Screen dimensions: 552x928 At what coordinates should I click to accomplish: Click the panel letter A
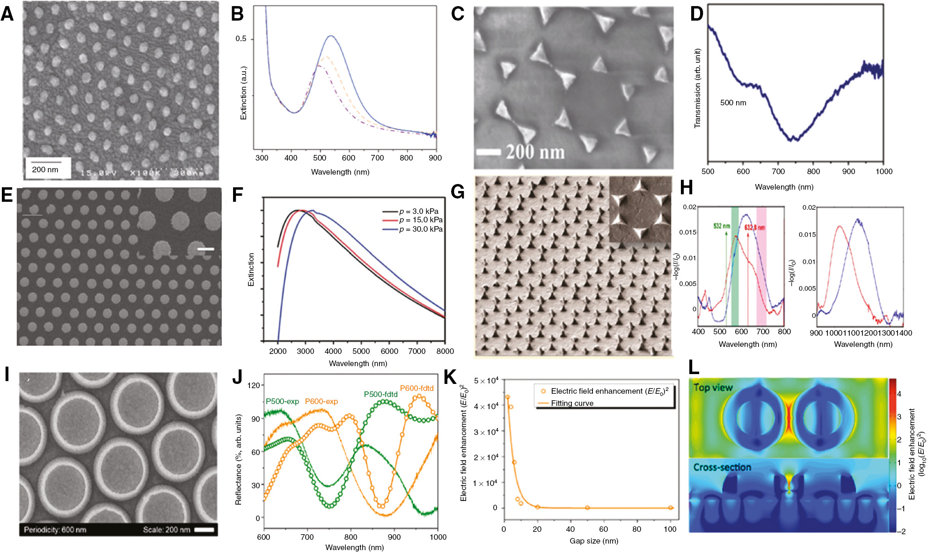pyautogui.click(x=7, y=14)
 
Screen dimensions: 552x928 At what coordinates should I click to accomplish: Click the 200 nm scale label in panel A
pyautogui.click(x=45, y=169)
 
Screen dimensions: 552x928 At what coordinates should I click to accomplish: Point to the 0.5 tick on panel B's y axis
pyautogui.click(x=241, y=39)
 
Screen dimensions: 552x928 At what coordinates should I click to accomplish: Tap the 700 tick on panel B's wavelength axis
pyautogui.click(x=377, y=158)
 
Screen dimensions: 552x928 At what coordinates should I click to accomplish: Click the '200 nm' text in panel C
pyautogui.click(x=535, y=152)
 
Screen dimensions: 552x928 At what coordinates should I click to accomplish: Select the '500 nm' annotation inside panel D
pyautogui.click(x=733, y=103)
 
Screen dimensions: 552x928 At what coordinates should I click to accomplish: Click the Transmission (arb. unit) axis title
pyautogui.click(x=697, y=88)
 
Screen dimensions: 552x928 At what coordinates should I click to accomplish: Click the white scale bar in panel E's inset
pyautogui.click(x=205, y=249)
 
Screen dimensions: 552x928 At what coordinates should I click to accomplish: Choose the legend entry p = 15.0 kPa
pyautogui.click(x=420, y=220)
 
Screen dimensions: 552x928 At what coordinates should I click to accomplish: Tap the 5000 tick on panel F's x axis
pyautogui.click(x=361, y=351)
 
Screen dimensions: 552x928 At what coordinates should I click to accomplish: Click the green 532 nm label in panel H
pyautogui.click(x=721, y=226)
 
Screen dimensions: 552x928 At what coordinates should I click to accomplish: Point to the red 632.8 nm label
pyautogui.click(x=755, y=228)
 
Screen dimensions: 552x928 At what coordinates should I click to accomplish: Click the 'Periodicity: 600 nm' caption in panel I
pyautogui.click(x=55, y=530)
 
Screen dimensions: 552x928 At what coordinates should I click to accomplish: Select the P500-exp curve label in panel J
pyautogui.click(x=282, y=401)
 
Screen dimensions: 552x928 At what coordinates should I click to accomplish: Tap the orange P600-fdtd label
pyautogui.click(x=417, y=388)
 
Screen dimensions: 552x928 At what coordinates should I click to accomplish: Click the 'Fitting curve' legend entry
pyautogui.click(x=571, y=403)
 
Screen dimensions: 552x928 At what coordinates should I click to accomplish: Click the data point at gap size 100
pyautogui.click(x=670, y=508)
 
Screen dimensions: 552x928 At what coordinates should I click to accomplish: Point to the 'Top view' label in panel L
pyautogui.click(x=713, y=387)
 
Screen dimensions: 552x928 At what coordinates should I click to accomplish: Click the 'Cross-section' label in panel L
pyautogui.click(x=722, y=467)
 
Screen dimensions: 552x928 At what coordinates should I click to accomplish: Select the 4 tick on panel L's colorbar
pyautogui.click(x=899, y=394)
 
